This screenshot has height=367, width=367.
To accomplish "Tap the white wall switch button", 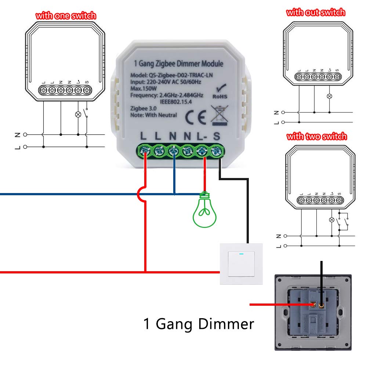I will coord(241,264).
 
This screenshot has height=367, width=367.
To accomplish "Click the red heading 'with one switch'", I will coord(66,16).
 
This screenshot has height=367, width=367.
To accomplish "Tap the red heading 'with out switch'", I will coord(316,12).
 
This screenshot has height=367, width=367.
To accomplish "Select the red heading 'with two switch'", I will coord(316,137).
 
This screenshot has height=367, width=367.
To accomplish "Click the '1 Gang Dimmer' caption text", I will coord(199,324).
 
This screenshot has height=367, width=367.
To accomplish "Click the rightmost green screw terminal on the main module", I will coord(217,150).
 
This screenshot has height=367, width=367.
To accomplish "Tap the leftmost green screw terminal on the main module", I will coord(145,150).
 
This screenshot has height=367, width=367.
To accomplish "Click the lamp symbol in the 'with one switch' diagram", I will coord(78,114).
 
